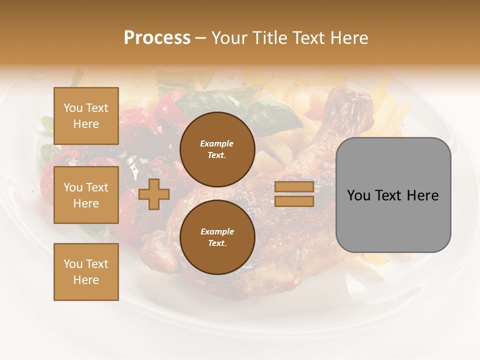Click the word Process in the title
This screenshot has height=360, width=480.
point(157,38)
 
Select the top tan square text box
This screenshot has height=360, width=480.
point(86,116)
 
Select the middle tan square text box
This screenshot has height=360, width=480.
point(86,195)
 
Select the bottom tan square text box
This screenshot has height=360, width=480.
point(86,272)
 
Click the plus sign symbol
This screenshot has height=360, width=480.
point(154,194)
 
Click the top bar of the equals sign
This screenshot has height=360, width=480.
point(294,187)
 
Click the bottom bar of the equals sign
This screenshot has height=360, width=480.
point(294,201)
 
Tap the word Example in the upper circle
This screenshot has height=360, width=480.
point(217,143)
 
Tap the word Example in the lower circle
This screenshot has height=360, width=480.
point(217,231)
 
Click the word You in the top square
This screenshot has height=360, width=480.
point(72,108)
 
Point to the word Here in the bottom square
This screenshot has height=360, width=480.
point(86,280)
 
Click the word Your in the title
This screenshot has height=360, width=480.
point(229,38)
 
